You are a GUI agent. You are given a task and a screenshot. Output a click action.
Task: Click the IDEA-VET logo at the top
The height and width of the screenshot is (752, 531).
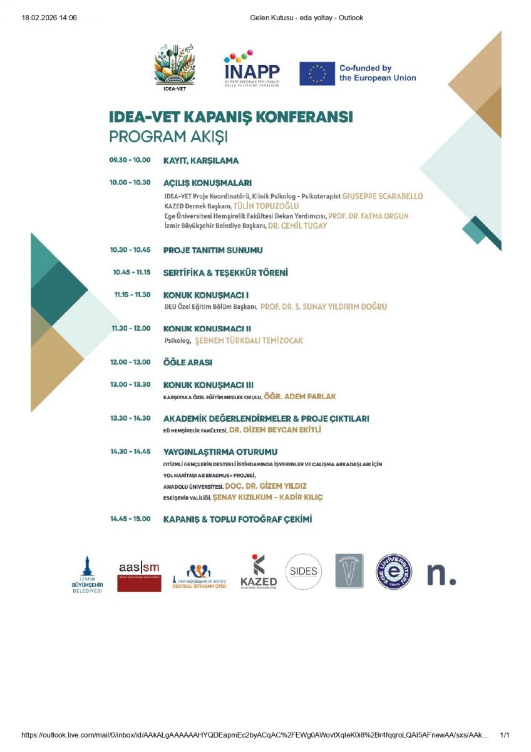[175, 66]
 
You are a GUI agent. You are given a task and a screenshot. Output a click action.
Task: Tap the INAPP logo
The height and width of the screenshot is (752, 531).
[252, 68]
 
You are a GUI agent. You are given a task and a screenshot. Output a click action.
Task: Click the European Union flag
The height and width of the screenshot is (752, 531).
[317, 73]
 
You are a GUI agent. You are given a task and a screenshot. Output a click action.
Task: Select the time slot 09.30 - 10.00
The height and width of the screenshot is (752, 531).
[130, 160]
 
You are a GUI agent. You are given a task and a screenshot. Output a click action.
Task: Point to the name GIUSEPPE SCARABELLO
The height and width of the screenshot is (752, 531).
[383, 196]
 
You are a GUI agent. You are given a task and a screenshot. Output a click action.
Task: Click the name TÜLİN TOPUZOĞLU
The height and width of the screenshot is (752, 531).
[265, 206]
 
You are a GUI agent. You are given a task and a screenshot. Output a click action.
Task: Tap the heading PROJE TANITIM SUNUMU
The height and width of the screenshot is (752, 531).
[213, 250]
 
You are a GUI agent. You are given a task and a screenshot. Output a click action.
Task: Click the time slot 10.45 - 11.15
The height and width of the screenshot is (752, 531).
[131, 273]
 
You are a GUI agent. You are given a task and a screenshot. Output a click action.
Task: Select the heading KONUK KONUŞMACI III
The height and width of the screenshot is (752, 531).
[209, 385]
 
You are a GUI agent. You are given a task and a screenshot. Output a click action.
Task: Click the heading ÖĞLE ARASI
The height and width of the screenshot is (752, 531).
[188, 362]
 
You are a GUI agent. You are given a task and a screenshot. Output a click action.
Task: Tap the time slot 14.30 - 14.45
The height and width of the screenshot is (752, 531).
[130, 452]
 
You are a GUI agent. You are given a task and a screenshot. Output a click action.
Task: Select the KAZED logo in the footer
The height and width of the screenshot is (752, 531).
[259, 571]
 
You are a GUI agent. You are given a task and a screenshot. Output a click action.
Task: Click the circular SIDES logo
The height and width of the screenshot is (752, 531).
[304, 571]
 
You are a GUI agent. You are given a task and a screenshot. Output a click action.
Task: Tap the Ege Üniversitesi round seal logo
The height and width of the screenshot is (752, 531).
[394, 572]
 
